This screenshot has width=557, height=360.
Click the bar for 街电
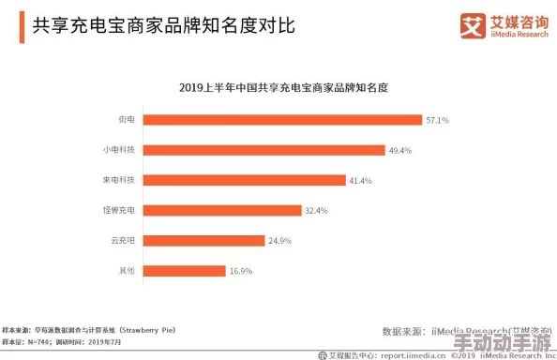click(x=281, y=120)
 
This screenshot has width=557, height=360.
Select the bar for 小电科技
click(x=263, y=150)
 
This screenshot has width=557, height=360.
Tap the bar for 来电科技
click(x=243, y=180)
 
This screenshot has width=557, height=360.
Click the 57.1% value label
click(x=438, y=120)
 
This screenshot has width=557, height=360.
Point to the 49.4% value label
click(x=400, y=150)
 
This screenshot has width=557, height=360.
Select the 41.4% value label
click(x=361, y=180)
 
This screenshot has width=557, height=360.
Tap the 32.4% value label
click(x=316, y=211)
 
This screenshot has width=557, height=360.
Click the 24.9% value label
click(x=279, y=241)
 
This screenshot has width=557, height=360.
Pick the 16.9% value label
click(x=241, y=271)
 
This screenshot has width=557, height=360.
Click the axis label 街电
click(x=127, y=120)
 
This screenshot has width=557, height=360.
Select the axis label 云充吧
click(x=123, y=241)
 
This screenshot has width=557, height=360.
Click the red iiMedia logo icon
click(x=472, y=25)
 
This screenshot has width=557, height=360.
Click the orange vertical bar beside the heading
click(x=21, y=26)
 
